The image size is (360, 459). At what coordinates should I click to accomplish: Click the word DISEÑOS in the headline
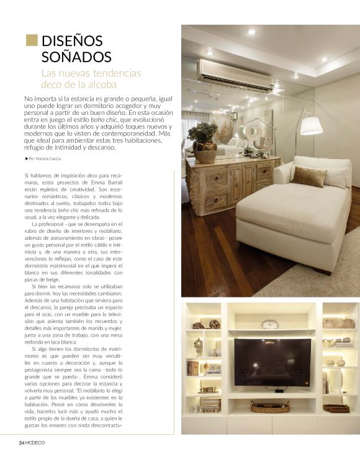[x=72, y=42]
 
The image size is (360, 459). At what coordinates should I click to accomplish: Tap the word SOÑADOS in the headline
[x=76, y=57]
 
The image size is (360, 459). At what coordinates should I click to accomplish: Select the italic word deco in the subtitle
[x=51, y=84]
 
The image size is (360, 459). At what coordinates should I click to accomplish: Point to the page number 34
[x=21, y=442]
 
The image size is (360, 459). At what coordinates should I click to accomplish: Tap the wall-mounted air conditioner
[x=236, y=75]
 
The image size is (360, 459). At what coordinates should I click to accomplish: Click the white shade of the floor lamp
[x=311, y=125]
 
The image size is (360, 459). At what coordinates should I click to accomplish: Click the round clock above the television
[x=270, y=324]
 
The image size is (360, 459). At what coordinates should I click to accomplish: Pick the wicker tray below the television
[x=270, y=407]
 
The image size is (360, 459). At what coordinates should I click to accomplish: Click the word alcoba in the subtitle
[x=99, y=84]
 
